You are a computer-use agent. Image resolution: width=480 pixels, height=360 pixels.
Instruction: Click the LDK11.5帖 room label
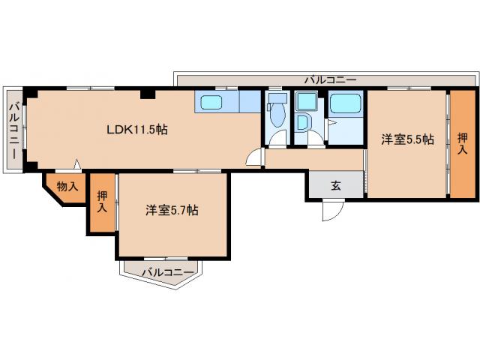(x=136, y=129)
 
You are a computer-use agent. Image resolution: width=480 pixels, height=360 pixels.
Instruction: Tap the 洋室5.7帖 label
(x=172, y=211)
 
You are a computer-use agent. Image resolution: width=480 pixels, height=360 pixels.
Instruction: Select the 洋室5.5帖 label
(x=407, y=139)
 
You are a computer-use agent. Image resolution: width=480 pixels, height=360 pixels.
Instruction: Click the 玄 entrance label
(x=336, y=186)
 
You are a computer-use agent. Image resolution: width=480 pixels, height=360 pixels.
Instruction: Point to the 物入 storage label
(x=67, y=186)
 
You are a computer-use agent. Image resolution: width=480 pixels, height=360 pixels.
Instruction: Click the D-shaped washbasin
(x=304, y=123)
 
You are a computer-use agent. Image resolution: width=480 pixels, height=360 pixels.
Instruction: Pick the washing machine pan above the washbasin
(x=304, y=101)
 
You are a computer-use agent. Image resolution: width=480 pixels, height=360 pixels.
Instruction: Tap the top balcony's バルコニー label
(x=330, y=79)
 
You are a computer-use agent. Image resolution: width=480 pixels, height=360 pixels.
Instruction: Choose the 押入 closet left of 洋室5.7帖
(x=101, y=202)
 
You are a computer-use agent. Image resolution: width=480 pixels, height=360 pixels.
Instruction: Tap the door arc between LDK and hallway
(x=255, y=158)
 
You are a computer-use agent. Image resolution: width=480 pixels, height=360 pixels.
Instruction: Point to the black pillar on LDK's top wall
(x=148, y=94)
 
